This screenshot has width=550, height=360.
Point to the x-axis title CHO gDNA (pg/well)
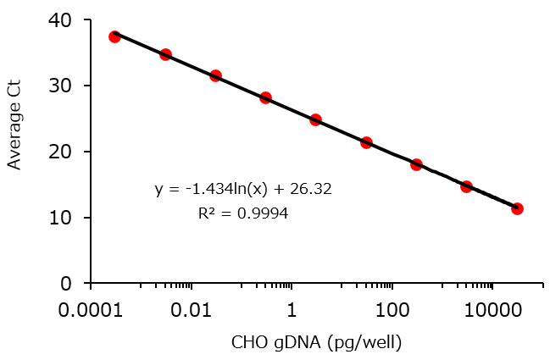(x=316, y=342)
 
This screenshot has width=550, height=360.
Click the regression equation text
(x=243, y=190)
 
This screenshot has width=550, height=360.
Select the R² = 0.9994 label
(x=243, y=214)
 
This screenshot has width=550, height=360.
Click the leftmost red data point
(x=114, y=36)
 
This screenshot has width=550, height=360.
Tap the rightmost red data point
(x=517, y=208)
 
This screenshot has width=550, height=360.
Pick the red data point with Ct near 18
(x=416, y=164)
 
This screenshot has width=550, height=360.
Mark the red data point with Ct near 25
(x=315, y=119)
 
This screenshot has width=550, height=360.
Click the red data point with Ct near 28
(x=265, y=97)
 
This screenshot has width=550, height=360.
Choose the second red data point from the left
(x=165, y=54)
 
